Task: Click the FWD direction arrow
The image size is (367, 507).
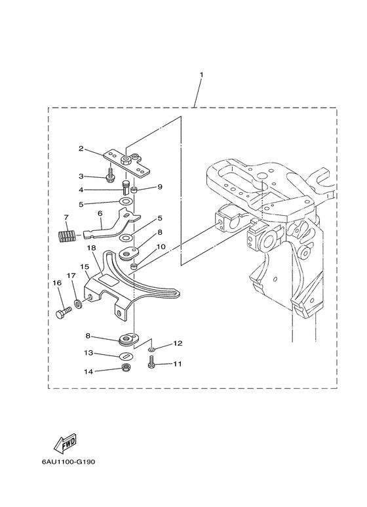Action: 65,442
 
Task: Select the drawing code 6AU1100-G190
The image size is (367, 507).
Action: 69,462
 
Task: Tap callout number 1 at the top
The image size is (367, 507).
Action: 202,75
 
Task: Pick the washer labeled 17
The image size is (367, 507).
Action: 77,304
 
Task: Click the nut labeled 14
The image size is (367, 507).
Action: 125,367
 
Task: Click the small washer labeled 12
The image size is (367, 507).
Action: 151,350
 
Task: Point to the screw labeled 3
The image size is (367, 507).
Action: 110,174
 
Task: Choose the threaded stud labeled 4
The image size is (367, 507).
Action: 125,186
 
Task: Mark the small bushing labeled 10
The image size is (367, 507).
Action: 134,266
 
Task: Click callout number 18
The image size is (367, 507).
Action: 91,248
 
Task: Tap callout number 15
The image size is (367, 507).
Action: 85,267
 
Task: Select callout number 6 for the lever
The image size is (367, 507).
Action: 100,214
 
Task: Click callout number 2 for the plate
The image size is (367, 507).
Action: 81,149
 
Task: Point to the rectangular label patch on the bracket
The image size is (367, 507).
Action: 109,279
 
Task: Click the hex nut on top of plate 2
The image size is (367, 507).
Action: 125,160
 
